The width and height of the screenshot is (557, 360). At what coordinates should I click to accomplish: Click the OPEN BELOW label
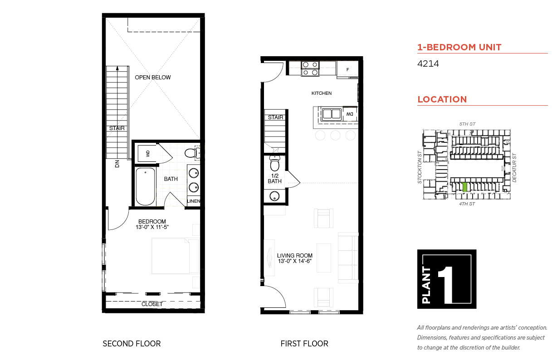coord(153,78)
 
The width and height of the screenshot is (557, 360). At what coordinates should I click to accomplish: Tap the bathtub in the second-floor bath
coord(145,186)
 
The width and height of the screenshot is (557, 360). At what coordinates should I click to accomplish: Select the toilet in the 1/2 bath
coord(274,163)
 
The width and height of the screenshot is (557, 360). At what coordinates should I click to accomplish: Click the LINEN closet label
coord(194,201)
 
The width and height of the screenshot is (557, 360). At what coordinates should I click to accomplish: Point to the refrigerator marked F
coord(347,69)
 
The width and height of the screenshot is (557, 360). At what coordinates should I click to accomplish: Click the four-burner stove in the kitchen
coord(310,68)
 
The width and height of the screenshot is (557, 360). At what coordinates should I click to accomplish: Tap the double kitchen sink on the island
coord(332,114)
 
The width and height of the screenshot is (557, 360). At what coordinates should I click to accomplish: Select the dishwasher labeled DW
coord(350,114)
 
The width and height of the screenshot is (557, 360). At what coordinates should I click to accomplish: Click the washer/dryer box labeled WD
coord(147,154)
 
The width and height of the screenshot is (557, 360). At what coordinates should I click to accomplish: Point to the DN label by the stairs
coord(117,164)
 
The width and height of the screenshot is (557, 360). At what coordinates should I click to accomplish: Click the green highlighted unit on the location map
coord(464,187)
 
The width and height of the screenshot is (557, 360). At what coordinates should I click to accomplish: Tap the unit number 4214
coord(428,63)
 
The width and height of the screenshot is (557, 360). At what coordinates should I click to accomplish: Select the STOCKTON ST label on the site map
coord(420,167)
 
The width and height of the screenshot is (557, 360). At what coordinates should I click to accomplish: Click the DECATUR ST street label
coord(514,168)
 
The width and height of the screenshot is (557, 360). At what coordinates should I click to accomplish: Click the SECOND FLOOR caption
coord(132,344)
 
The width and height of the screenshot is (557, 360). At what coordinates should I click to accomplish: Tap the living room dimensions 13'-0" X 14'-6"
coord(295,261)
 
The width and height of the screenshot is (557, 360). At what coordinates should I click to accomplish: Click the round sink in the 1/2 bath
coord(274,196)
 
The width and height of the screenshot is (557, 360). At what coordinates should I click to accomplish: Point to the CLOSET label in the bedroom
coord(152,304)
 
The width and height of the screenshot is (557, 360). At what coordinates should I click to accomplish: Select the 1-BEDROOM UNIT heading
coord(459,47)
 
